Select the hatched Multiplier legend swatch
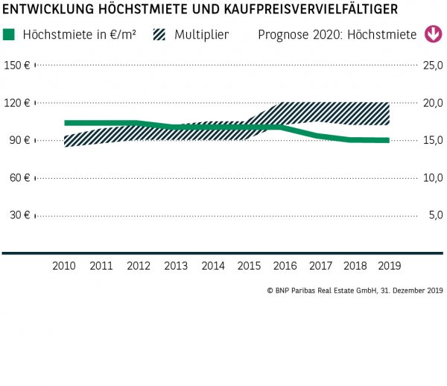[x=159, y=35]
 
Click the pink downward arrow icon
[x=432, y=35]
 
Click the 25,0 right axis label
[x=433, y=66]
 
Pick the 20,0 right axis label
[x=433, y=103]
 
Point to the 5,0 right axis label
[x=435, y=215]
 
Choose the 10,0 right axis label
[x=433, y=177]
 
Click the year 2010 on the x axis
[x=64, y=265]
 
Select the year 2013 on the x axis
[x=176, y=265]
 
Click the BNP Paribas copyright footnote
[x=355, y=290]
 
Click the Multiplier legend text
[x=201, y=35]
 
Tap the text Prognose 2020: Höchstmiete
[x=337, y=35]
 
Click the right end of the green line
[x=387, y=140]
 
